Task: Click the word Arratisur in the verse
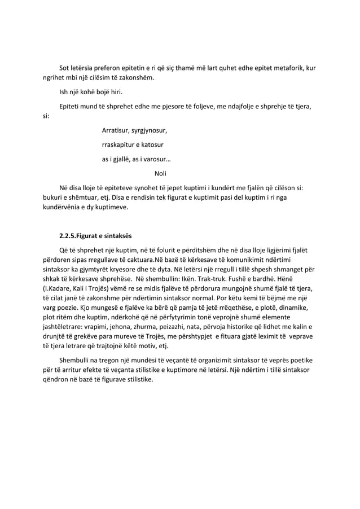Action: point(116,131)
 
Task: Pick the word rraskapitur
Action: point(120,145)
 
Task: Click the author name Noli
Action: point(161,173)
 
